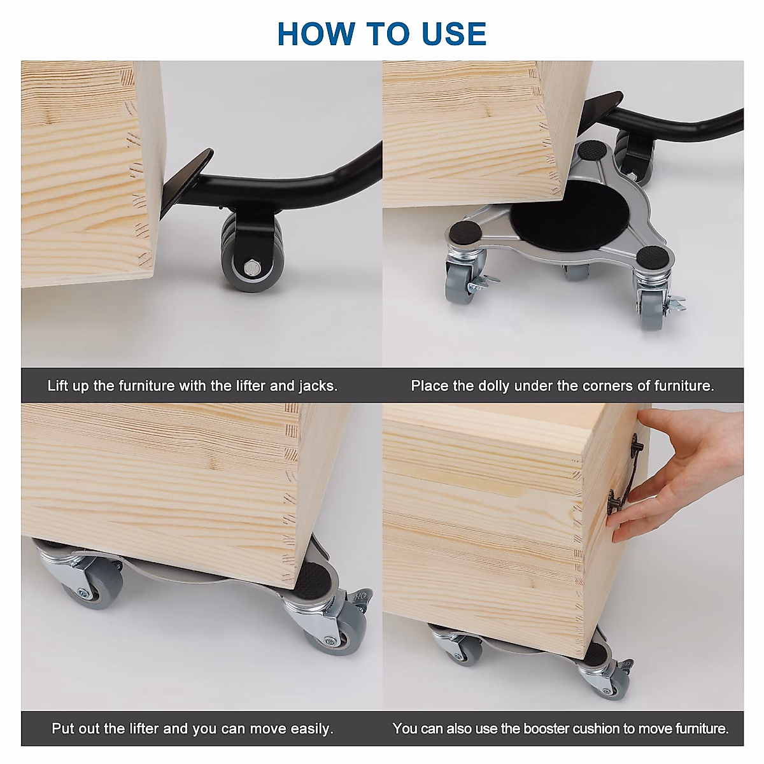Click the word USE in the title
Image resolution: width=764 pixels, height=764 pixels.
point(447,34)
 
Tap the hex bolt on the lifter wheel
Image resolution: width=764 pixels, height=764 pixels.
point(251,267)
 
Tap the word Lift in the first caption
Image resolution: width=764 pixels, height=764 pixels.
point(57,386)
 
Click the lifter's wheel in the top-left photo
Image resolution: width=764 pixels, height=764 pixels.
point(250,254)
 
